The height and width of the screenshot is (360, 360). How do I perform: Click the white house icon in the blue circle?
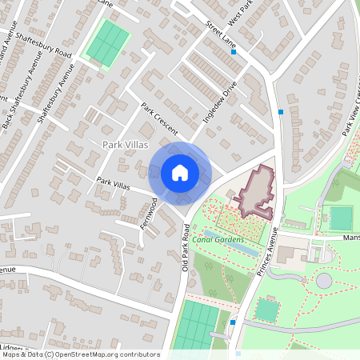[180, 172]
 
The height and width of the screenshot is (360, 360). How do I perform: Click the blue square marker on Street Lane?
[234, 52]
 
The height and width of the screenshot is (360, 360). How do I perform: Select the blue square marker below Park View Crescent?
[281, 112]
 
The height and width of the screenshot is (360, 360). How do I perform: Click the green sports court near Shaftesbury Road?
[107, 44]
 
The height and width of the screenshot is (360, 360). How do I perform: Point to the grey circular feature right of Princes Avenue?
[323, 281]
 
